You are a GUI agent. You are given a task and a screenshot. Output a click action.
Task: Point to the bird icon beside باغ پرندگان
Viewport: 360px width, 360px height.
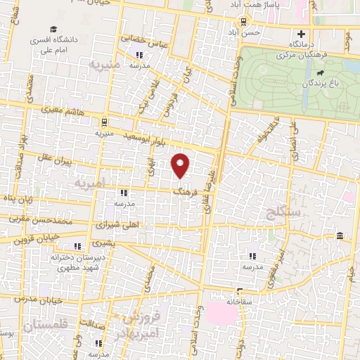[x=320, y=72]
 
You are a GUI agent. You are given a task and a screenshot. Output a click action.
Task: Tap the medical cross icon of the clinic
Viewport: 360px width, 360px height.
[x=302, y=34]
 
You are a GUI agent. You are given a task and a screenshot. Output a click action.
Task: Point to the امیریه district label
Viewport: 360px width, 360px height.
[x=92, y=182]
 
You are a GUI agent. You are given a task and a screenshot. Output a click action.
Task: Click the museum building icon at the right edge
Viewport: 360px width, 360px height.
[x=340, y=235]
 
